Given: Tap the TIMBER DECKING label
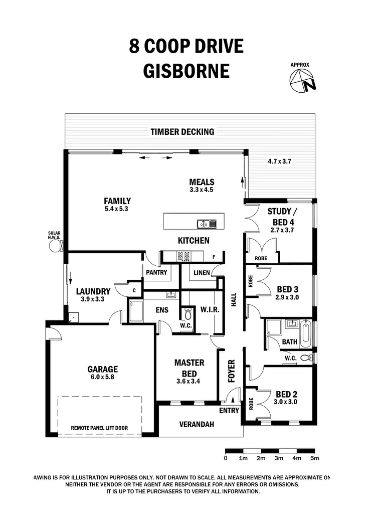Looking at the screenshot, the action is pos(182,132).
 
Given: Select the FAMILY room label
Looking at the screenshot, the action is pos(118,202).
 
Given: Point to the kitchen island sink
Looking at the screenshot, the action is pos(206,224).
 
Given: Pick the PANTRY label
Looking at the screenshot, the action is pos(156,273).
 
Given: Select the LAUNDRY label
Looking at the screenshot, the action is pos(93,291).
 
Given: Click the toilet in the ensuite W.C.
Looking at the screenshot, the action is pos(188,314).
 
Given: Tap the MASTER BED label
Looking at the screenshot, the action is pos(189,368).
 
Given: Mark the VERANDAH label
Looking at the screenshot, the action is pos(197,424).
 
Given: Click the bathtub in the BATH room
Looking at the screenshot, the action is pos(306,331).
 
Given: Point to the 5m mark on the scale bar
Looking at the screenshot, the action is pos(314,458).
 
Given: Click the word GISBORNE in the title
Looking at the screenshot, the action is pos(186,70).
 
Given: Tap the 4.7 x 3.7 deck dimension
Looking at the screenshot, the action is pos(280,161).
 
